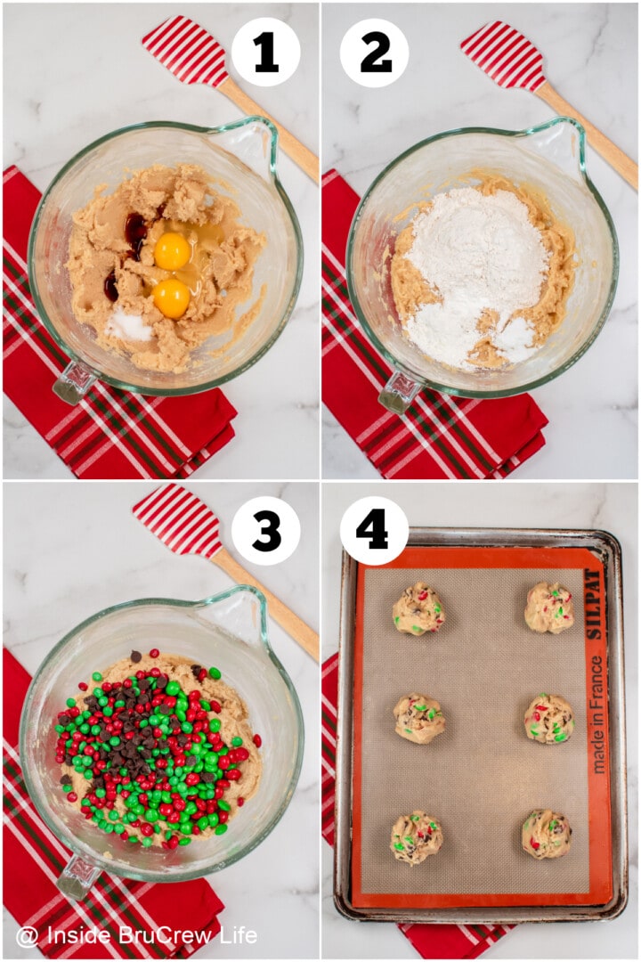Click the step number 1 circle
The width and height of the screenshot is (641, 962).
[265, 53]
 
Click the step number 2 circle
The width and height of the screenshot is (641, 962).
[375, 53]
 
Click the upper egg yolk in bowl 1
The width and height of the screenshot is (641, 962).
[172, 251]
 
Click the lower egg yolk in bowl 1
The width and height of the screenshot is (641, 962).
[171, 298]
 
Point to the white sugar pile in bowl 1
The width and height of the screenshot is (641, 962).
[131, 326]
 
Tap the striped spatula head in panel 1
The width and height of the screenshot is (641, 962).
[185, 52]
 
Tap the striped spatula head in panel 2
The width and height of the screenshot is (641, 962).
[503, 55]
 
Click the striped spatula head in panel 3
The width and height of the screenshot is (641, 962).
[177, 521]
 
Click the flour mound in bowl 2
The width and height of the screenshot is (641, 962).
[476, 263]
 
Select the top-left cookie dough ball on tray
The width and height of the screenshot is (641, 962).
[418, 609]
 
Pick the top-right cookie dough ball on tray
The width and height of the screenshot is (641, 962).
[548, 607]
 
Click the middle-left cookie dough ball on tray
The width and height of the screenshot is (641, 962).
[418, 718]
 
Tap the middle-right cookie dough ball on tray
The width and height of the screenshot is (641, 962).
[548, 718]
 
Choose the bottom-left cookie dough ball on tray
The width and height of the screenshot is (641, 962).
[416, 837]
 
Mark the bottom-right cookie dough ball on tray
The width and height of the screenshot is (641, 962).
[546, 834]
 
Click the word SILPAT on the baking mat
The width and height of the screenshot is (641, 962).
[593, 604]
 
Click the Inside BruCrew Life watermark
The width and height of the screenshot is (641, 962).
[137, 935]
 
